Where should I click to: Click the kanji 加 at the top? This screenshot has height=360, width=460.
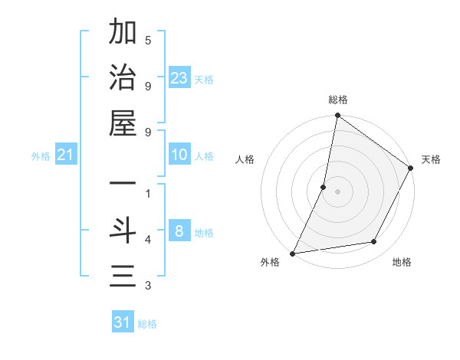(x=123, y=34)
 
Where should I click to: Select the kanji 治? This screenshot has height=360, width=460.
(x=123, y=79)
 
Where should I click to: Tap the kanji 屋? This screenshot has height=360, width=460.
(x=123, y=124)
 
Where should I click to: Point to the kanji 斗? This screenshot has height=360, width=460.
(x=123, y=231)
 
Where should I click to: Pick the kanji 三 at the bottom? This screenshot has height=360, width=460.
(x=123, y=276)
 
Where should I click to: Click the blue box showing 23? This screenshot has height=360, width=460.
(x=179, y=78)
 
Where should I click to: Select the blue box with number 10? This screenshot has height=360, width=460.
(x=179, y=155)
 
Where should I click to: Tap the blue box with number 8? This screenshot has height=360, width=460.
(x=179, y=231)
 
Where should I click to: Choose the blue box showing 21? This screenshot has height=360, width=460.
(x=66, y=155)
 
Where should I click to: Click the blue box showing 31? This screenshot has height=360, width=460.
(x=123, y=322)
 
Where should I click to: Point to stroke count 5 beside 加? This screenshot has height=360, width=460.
(x=148, y=40)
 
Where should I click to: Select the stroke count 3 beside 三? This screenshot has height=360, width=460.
(x=148, y=286)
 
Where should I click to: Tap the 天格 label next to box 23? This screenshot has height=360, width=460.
(x=204, y=80)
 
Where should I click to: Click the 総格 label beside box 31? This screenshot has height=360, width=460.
(x=147, y=324)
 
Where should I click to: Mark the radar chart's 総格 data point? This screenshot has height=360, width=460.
(x=337, y=116)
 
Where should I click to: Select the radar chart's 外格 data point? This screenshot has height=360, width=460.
(x=293, y=253)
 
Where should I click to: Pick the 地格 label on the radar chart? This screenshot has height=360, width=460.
(x=402, y=262)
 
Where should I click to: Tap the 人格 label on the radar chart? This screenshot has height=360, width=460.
(x=245, y=160)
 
